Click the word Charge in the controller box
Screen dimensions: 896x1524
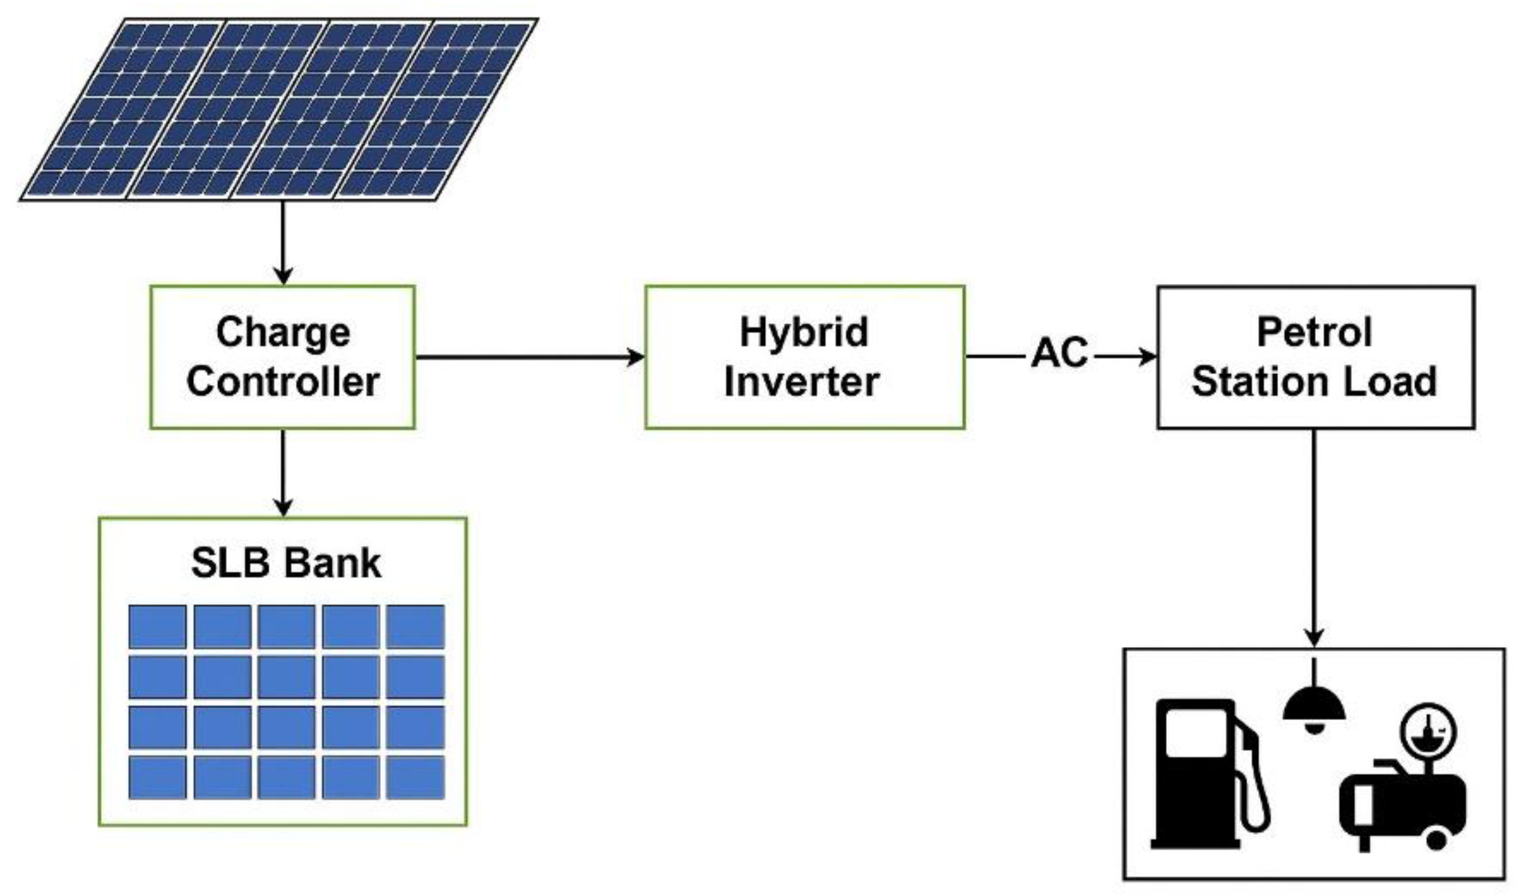point(283,332)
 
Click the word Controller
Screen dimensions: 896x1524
point(283,381)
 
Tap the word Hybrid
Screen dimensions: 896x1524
point(803,332)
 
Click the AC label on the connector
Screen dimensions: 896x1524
point(1059,353)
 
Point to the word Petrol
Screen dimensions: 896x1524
point(1314,332)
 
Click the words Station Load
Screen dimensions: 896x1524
point(1314,381)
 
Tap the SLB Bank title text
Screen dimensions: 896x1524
point(286,563)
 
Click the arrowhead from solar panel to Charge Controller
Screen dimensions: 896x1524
point(283,275)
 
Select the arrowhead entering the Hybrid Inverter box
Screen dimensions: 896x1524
point(636,357)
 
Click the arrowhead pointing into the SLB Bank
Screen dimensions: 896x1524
point(283,507)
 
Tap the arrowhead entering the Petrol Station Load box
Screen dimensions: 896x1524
point(1148,357)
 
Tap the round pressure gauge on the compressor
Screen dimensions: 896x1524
point(1428,731)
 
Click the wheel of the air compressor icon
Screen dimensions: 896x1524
point(1436,839)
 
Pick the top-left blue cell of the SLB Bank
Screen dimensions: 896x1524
point(157,626)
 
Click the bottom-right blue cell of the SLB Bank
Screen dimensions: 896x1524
point(415,777)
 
